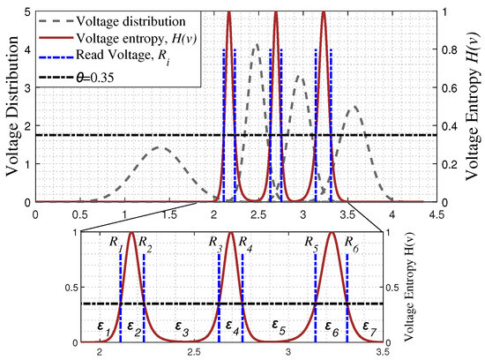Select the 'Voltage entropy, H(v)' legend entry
(138, 40)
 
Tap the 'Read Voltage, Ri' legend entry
(130, 59)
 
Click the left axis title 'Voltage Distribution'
(11, 107)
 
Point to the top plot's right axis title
(474, 107)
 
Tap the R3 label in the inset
(215, 241)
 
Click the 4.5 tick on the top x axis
(437, 214)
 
